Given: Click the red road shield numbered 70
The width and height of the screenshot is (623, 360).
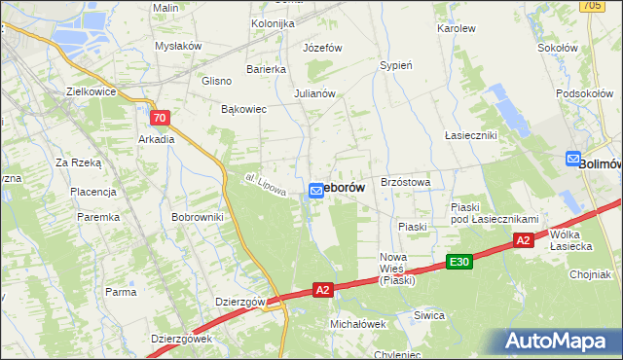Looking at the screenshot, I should [162, 118].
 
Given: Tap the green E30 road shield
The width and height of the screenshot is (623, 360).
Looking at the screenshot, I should [459, 262].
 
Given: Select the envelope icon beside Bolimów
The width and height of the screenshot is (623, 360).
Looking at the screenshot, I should [573, 160].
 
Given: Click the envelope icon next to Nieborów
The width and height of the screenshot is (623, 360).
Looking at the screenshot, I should [316, 191].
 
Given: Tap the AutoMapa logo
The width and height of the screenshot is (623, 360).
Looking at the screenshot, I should [558, 340].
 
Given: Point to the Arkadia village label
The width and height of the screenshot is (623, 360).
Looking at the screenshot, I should [156, 139].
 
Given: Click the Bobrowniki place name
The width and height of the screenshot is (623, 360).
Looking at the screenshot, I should [198, 217].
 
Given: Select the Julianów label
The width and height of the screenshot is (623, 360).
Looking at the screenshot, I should [314, 94].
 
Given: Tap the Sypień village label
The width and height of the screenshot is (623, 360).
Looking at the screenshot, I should [396, 65].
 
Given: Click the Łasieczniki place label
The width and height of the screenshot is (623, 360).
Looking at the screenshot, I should [470, 134].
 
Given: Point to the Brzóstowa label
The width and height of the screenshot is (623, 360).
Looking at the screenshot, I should [406, 182].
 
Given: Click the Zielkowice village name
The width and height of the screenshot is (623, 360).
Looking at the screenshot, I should [91, 91].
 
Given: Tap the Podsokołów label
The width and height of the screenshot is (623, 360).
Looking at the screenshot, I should [582, 92].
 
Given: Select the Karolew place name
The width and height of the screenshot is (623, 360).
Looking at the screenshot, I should [456, 29].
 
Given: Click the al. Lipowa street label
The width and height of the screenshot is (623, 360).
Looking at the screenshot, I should [264, 185].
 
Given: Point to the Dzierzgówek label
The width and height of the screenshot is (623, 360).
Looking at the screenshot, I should [181, 339].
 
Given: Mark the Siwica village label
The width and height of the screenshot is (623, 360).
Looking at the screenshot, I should [428, 315].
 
